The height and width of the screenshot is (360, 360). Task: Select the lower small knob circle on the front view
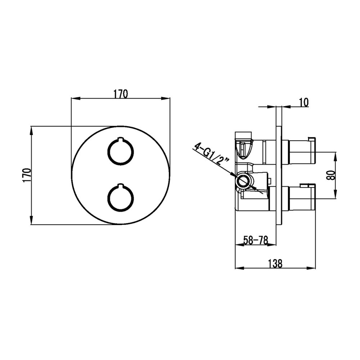121,197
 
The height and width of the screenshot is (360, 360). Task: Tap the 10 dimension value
304,102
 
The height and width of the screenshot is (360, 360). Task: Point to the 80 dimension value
331,175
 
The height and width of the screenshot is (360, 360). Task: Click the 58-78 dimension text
256,240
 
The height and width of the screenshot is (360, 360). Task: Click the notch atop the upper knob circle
121,138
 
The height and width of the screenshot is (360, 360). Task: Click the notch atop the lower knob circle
121,185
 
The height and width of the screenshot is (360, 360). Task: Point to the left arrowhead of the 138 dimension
239,268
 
